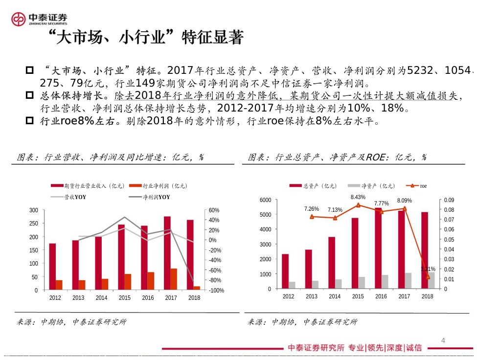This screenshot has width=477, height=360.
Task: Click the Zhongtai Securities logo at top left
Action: [x=39, y=19]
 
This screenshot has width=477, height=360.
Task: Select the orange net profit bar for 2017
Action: [x=174, y=279]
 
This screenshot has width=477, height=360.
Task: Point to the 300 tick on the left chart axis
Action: [x=34, y=210]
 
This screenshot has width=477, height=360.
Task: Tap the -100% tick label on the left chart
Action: [x=215, y=291]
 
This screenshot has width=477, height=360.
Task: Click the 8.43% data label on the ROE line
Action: [x=358, y=197]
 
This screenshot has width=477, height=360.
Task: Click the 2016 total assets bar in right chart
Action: [x=378, y=248]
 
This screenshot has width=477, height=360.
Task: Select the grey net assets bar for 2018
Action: [x=432, y=281]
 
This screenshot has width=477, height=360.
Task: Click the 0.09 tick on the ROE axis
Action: [x=448, y=200]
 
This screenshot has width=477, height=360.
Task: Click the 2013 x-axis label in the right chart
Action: [x=312, y=296]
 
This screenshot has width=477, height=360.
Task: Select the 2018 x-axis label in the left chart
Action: [x=194, y=297]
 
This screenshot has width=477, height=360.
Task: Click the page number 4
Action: [x=443, y=340]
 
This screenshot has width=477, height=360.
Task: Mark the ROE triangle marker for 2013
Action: [x=312, y=217]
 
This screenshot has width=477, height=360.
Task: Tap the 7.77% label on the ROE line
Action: [x=382, y=203]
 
